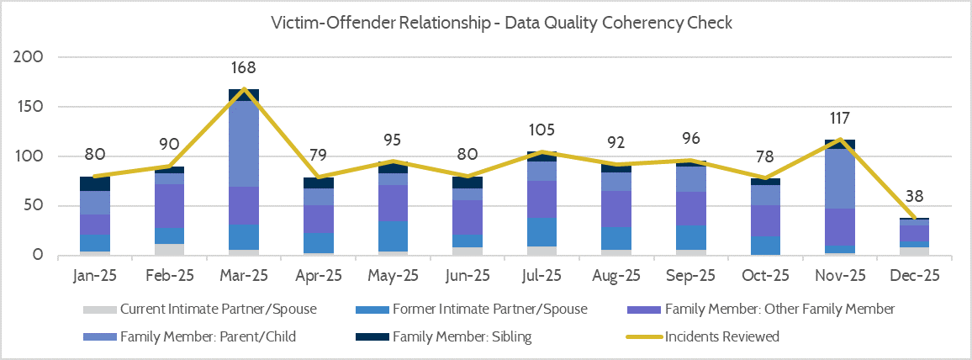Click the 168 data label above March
click(x=244, y=68)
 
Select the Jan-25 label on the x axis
click(x=95, y=275)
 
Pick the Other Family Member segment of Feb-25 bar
click(x=169, y=205)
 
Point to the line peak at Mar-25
click(x=244, y=88)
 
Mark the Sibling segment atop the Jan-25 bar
click(x=95, y=183)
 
